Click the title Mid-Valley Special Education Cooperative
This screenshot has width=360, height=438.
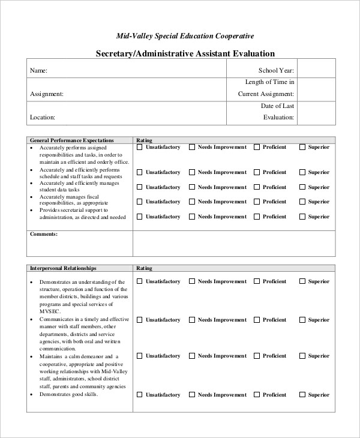point(185,36)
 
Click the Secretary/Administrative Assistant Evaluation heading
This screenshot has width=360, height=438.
point(185,53)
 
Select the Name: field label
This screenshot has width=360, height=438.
point(38,71)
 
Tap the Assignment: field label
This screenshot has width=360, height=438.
point(46,94)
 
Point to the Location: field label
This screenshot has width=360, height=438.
point(43,118)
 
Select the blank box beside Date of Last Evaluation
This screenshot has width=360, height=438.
point(316,112)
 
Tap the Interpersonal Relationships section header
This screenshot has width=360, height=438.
point(63,268)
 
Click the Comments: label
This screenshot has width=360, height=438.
point(43,233)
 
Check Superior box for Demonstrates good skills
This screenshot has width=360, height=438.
point(303,395)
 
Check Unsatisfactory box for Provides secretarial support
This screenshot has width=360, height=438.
point(140,217)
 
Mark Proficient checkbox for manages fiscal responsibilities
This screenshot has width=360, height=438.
point(257,202)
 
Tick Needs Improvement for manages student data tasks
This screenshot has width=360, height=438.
point(193,187)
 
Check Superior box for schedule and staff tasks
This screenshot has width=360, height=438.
point(303,172)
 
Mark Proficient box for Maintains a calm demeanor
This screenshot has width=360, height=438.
point(257,356)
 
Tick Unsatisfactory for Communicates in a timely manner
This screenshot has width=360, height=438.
point(140,320)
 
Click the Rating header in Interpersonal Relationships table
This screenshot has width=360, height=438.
point(145,268)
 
